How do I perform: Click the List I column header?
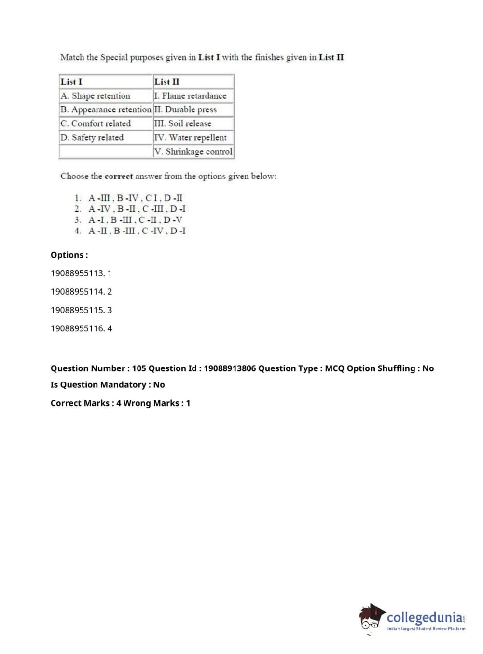pyautogui.click(x=71, y=82)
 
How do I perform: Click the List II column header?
pyautogui.click(x=167, y=82)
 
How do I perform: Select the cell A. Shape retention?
pyautogui.click(x=96, y=96)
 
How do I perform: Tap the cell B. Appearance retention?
pyautogui.click(x=106, y=110)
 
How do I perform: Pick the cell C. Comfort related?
pyautogui.click(x=96, y=123)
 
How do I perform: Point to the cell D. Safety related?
pyautogui.click(x=92, y=137)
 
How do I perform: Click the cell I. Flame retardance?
pyautogui.click(x=190, y=96)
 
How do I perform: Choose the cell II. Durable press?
pyautogui.click(x=186, y=110)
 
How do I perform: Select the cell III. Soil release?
pyautogui.click(x=183, y=123)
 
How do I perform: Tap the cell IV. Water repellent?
pyautogui.click(x=190, y=137)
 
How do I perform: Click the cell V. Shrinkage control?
pyautogui.click(x=193, y=151)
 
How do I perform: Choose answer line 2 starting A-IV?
pyautogui.click(x=137, y=209)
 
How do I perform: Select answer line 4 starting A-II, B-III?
pyautogui.click(x=137, y=231)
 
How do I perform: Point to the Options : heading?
pyautogui.click(x=69, y=255)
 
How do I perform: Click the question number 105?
pyautogui.click(x=139, y=368)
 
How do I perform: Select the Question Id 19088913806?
pyautogui.click(x=230, y=368)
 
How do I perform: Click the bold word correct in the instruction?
pyautogui.click(x=118, y=177)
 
